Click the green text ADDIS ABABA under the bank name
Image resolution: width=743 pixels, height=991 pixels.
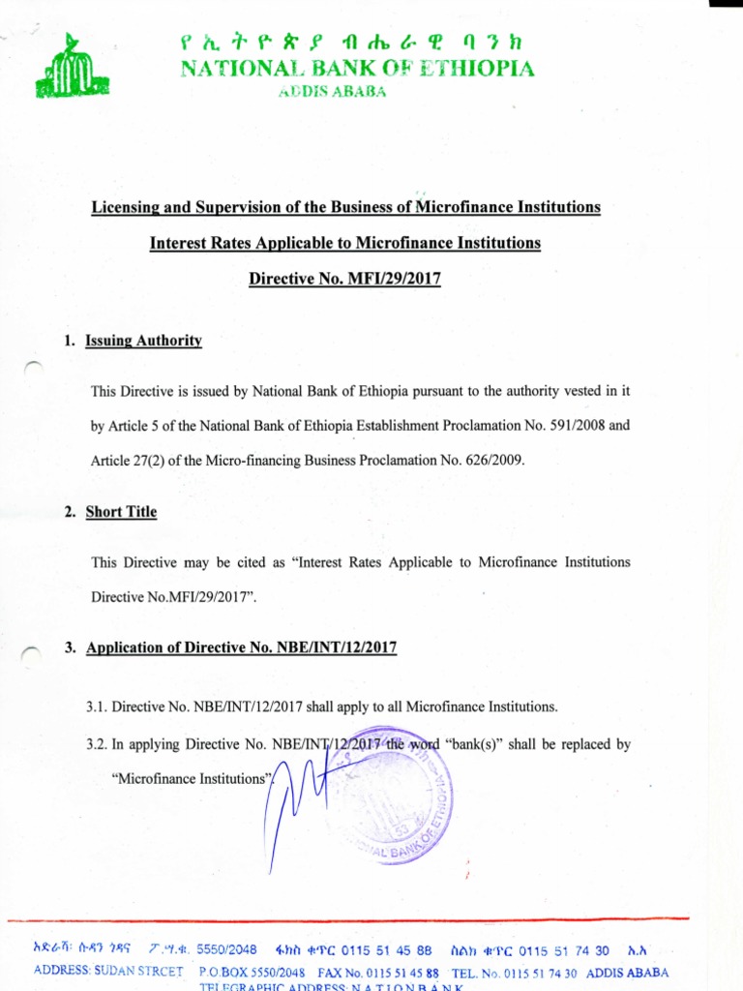point(332,92)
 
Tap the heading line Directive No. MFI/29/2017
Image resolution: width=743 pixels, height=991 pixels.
point(344,279)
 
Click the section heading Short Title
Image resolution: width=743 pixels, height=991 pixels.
point(121,512)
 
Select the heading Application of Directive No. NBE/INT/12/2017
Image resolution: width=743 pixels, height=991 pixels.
point(242,647)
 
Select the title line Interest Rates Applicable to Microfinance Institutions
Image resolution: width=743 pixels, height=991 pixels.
point(344,243)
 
